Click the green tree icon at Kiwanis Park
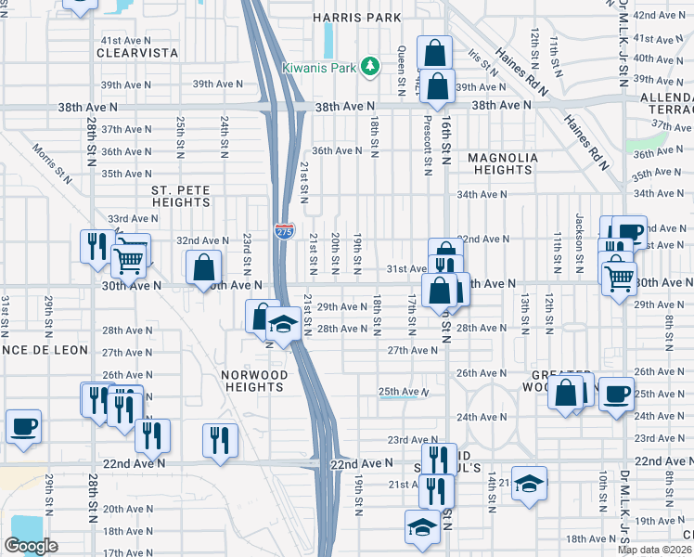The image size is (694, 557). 370,65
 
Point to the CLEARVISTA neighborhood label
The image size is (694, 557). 137,54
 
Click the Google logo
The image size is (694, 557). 31,546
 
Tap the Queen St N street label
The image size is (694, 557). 401,68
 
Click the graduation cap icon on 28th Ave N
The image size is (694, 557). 283,325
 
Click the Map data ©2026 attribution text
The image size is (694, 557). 654,550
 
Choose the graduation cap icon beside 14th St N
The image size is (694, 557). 529,483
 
